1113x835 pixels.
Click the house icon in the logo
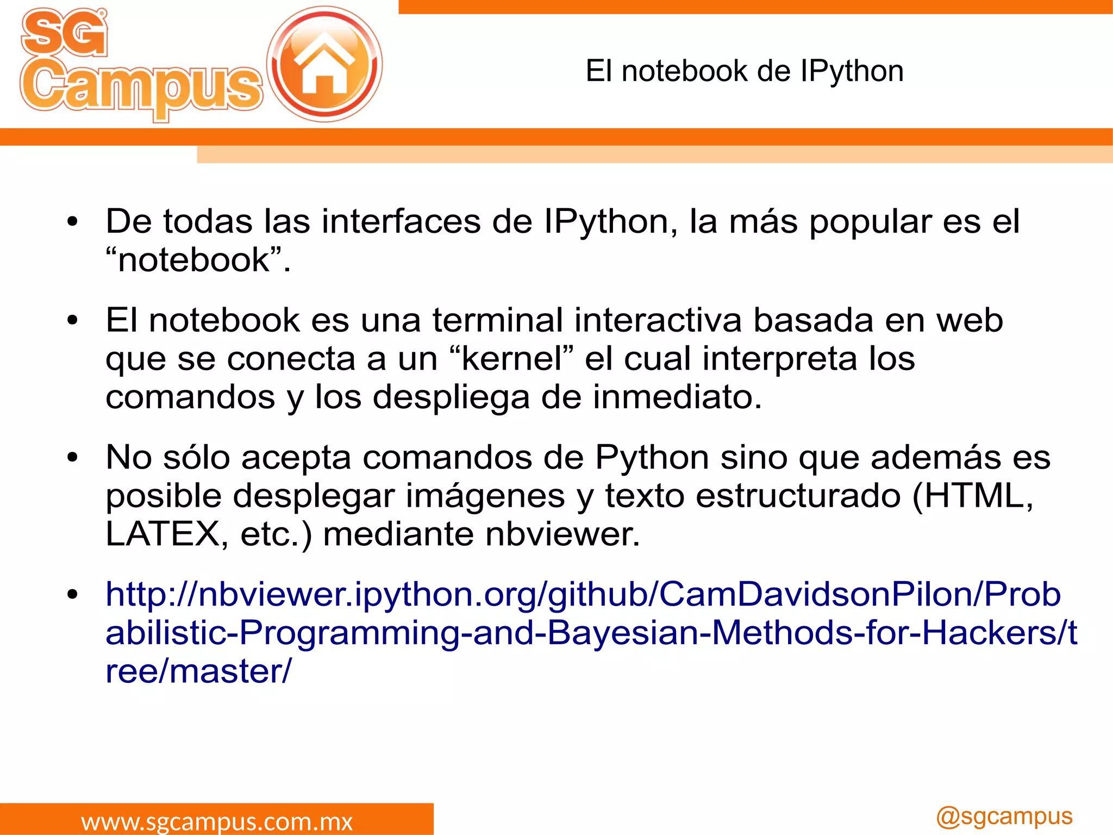click(x=324, y=64)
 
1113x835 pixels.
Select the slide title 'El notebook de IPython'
click(x=744, y=71)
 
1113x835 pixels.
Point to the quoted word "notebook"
click(x=198, y=260)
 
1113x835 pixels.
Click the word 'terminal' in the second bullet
click(x=497, y=320)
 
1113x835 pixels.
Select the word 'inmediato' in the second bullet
click(x=676, y=397)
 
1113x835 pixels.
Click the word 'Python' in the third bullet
click(x=652, y=458)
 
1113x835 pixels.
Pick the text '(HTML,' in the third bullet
click(x=972, y=496)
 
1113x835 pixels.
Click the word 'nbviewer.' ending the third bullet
click(x=562, y=534)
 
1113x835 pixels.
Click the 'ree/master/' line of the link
click(x=198, y=671)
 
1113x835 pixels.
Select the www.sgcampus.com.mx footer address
click(x=217, y=821)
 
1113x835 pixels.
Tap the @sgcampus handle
click(x=1004, y=817)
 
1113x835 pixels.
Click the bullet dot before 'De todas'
click(x=73, y=222)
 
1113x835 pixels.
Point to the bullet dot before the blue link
click(x=73, y=594)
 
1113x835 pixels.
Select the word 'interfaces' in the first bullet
click(x=401, y=222)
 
